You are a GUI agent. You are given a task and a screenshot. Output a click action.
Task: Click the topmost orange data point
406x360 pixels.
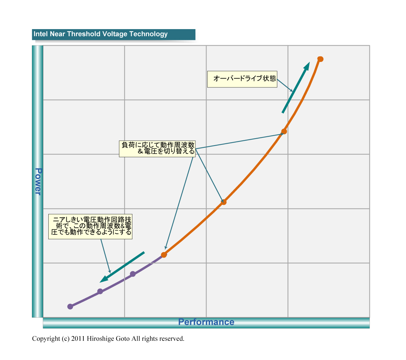[320, 59]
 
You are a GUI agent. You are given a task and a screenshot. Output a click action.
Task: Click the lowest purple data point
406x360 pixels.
[70, 307]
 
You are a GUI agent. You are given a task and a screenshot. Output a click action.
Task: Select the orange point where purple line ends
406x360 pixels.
[164, 255]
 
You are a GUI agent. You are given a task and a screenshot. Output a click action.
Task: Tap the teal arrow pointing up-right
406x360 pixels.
[296, 88]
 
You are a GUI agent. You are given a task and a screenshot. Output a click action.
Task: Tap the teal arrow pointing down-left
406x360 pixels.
[122, 267]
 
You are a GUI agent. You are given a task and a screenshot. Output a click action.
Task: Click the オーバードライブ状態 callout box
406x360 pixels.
[242, 79]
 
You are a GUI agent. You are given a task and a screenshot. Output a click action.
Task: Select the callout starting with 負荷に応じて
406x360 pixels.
[157, 148]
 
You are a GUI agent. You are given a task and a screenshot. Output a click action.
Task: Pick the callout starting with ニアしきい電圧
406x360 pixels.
[90, 226]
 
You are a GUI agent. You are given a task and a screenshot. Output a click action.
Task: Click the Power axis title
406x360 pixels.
[38, 181]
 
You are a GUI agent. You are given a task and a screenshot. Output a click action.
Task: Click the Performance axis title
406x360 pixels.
[206, 322]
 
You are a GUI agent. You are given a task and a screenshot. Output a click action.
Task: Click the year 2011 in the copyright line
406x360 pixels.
[78, 339]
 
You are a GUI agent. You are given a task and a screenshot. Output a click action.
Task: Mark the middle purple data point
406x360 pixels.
[100, 291]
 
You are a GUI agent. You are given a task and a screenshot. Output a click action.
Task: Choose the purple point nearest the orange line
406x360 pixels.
[133, 274]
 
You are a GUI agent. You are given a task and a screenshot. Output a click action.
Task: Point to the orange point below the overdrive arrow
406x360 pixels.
[284, 131]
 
